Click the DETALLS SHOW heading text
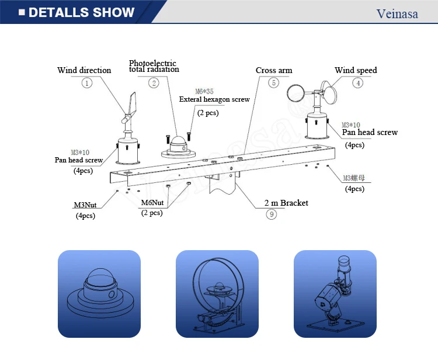pyautogui.click(x=81, y=12)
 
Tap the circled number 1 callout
pyautogui.click(x=86, y=83)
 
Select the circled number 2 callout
pyautogui.click(x=154, y=83)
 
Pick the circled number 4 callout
pyautogui.click(x=357, y=83)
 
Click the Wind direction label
pyautogui.click(x=84, y=70)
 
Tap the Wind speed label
pyautogui.click(x=356, y=70)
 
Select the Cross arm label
pyautogui.click(x=274, y=70)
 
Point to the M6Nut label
pyautogui.click(x=152, y=203)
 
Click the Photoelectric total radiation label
pyautogui.click(x=154, y=66)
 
